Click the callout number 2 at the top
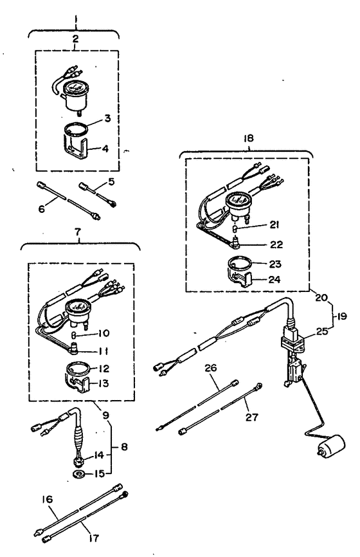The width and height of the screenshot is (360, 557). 75,39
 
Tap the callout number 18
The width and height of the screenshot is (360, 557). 249,138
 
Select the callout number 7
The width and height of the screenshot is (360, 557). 78,232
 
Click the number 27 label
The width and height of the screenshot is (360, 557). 252,417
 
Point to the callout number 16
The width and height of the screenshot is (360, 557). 47,499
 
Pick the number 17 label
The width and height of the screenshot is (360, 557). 94,538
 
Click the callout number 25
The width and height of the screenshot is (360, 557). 322,332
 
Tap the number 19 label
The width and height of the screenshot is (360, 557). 341,316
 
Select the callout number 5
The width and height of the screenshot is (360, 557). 111,182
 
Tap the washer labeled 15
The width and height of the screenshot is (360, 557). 78,473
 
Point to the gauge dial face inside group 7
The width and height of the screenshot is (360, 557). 78,305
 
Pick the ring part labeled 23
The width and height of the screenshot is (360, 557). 239,264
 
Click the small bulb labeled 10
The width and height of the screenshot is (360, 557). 75,334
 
